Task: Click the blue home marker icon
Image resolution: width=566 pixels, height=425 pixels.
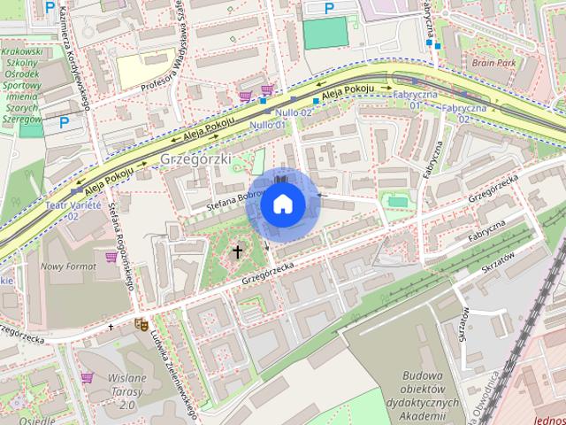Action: (282, 204)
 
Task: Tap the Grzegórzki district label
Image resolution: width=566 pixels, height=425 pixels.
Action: (195, 158)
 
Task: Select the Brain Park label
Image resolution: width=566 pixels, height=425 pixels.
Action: (493, 64)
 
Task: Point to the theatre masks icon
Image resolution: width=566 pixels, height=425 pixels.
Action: (139, 324)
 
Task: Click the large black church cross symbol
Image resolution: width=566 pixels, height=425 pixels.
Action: (237, 252)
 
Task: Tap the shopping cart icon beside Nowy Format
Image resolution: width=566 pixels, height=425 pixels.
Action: (111, 257)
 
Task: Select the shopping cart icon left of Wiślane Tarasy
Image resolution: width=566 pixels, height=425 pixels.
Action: (87, 377)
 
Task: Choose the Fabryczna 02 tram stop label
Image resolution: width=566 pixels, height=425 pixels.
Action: (464, 112)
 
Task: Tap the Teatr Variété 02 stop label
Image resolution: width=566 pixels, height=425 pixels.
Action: (73, 209)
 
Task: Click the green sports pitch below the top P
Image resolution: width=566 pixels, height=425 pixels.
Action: (326, 34)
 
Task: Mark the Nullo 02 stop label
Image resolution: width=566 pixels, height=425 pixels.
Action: (292, 113)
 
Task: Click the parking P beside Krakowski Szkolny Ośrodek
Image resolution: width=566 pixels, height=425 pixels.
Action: (65, 124)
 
